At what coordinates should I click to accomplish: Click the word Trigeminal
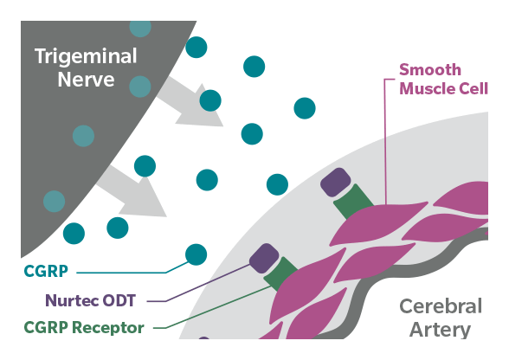click(x=86, y=57)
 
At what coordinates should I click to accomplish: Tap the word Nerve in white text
click(x=86, y=80)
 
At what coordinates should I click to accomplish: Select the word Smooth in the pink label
click(x=429, y=70)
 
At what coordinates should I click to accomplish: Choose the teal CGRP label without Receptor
click(x=46, y=271)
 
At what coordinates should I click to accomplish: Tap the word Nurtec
click(x=72, y=300)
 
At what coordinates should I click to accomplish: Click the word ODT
click(x=119, y=300)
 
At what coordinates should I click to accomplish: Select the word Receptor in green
click(x=107, y=327)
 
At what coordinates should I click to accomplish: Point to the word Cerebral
click(x=441, y=306)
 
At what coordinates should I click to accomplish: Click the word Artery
click(x=440, y=330)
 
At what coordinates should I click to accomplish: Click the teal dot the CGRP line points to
click(x=196, y=254)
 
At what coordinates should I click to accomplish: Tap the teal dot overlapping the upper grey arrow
click(x=210, y=100)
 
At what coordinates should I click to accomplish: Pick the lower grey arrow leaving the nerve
click(x=132, y=190)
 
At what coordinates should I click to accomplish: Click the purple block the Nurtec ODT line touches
click(x=264, y=259)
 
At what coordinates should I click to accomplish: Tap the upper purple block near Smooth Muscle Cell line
click(x=336, y=183)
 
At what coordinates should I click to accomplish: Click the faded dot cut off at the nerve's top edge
click(x=140, y=29)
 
